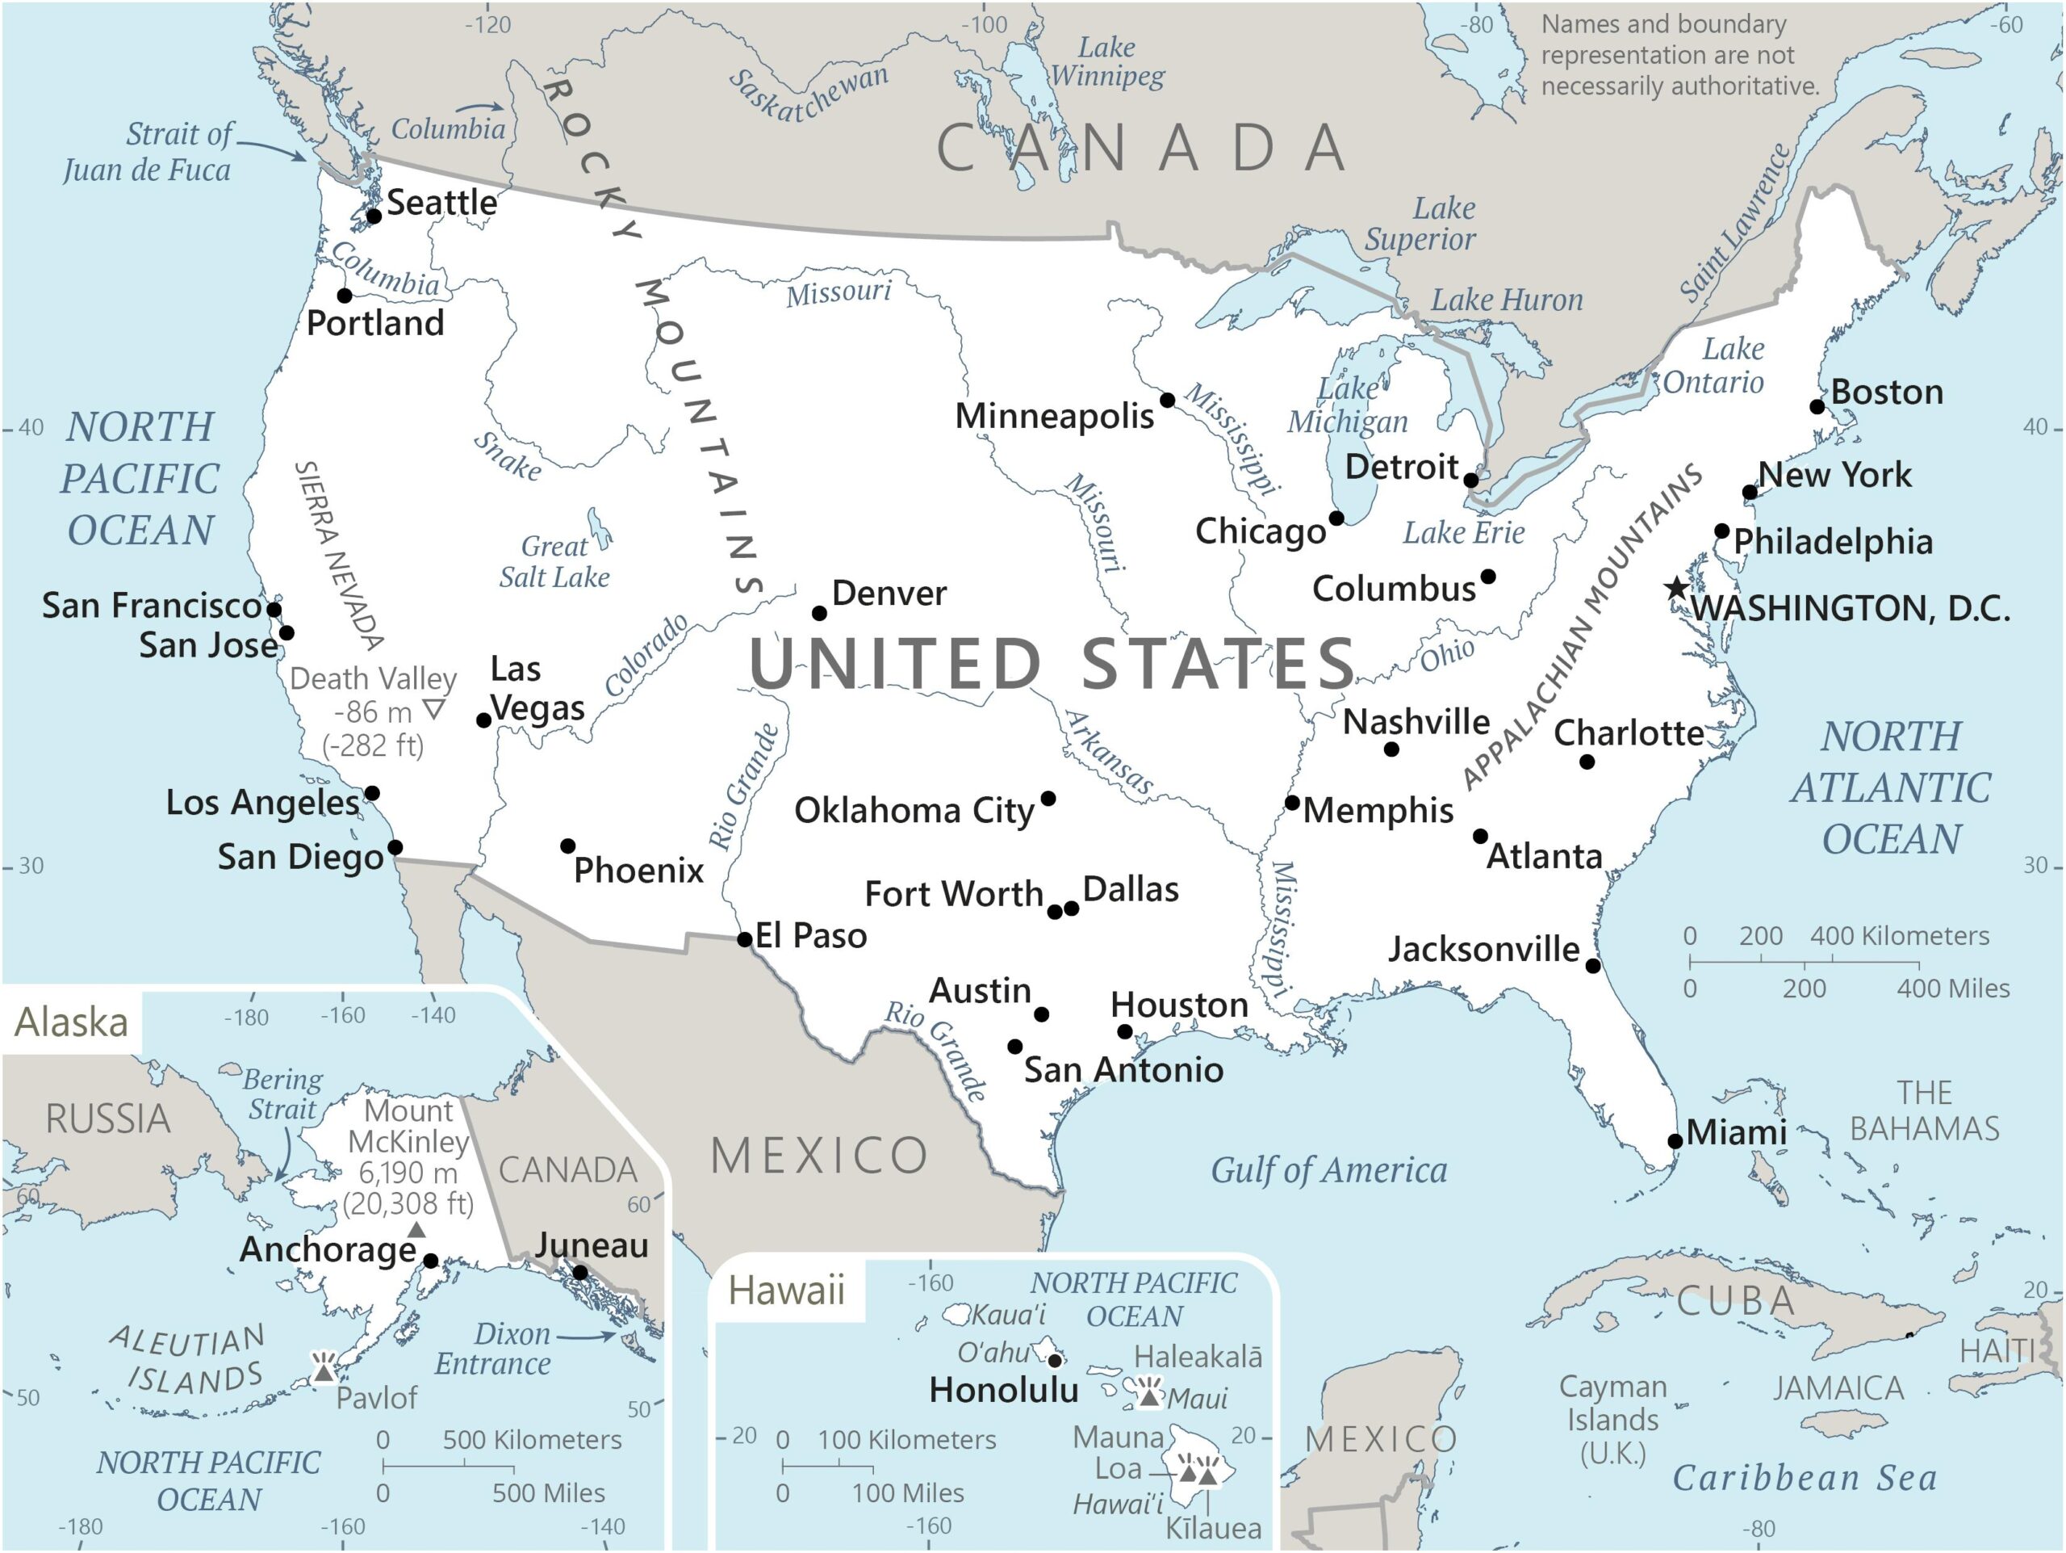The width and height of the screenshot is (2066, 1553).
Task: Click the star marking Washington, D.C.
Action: click(x=1678, y=588)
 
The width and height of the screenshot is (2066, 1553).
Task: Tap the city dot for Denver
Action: click(x=819, y=613)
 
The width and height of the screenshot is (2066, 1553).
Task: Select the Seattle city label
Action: click(x=441, y=202)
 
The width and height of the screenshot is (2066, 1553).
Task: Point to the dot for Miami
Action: click(x=1675, y=1141)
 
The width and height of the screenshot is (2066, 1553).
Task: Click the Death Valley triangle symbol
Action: click(x=433, y=709)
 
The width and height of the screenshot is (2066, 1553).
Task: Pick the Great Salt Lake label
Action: click(x=554, y=561)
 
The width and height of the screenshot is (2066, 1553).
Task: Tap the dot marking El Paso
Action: click(x=744, y=939)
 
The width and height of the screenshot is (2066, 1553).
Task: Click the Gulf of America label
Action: click(x=1328, y=1170)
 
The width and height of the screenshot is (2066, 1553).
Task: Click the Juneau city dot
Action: click(x=580, y=1272)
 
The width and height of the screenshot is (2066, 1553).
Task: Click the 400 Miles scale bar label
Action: click(x=1952, y=988)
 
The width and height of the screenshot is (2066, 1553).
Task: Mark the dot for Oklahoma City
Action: click(x=1048, y=798)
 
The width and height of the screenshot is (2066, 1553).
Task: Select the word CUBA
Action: click(x=1736, y=1301)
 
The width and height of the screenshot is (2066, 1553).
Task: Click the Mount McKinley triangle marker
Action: click(x=417, y=1231)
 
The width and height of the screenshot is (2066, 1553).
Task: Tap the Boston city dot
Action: click(x=1817, y=406)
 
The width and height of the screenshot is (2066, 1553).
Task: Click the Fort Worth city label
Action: click(x=954, y=894)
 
